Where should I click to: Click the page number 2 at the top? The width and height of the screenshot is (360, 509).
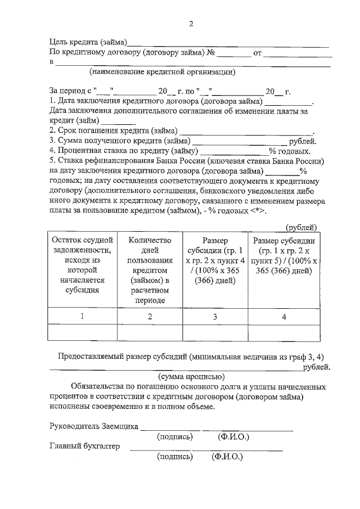[190, 24]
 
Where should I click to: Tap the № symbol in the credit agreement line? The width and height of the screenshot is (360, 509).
[211, 53]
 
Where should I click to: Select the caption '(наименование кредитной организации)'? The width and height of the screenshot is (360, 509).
[162, 72]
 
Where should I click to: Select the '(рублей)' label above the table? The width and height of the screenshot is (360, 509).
[301, 227]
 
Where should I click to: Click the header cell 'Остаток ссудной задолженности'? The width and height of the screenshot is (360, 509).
[82, 265]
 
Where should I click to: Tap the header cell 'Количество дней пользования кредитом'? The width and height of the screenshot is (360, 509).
[150, 270]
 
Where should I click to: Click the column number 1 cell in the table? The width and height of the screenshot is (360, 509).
[82, 316]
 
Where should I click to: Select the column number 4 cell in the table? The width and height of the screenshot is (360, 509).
[284, 317]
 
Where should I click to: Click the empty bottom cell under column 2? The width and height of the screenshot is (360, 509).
[150, 333]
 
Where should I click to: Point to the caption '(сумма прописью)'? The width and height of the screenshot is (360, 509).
[192, 376]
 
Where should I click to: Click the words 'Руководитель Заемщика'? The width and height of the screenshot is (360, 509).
[93, 427]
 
